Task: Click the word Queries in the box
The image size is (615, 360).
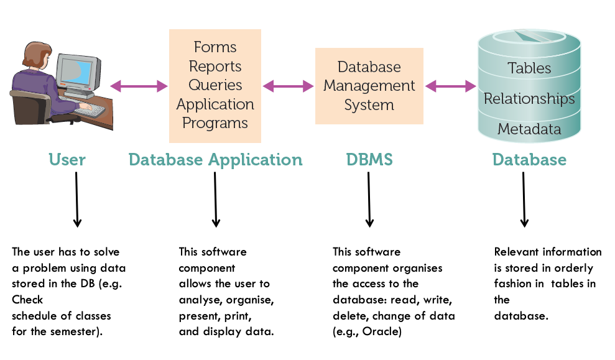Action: (x=215, y=85)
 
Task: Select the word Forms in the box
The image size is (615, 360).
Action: (x=215, y=47)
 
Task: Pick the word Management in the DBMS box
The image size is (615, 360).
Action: (x=369, y=86)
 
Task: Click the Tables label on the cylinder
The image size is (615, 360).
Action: (x=529, y=68)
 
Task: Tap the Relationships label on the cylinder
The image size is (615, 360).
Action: (x=529, y=99)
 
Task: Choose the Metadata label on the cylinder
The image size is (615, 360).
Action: (x=529, y=129)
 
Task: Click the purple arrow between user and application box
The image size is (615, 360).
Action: (x=139, y=86)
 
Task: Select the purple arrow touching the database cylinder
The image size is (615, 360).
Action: (x=451, y=86)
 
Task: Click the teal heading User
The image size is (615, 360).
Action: (x=67, y=160)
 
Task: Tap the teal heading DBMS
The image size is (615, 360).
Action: (x=369, y=160)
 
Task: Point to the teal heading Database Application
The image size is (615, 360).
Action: (x=216, y=160)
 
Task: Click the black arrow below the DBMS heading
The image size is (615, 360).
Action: (x=369, y=200)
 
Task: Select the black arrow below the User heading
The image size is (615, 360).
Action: (x=77, y=200)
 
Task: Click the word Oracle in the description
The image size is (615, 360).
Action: (x=380, y=332)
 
